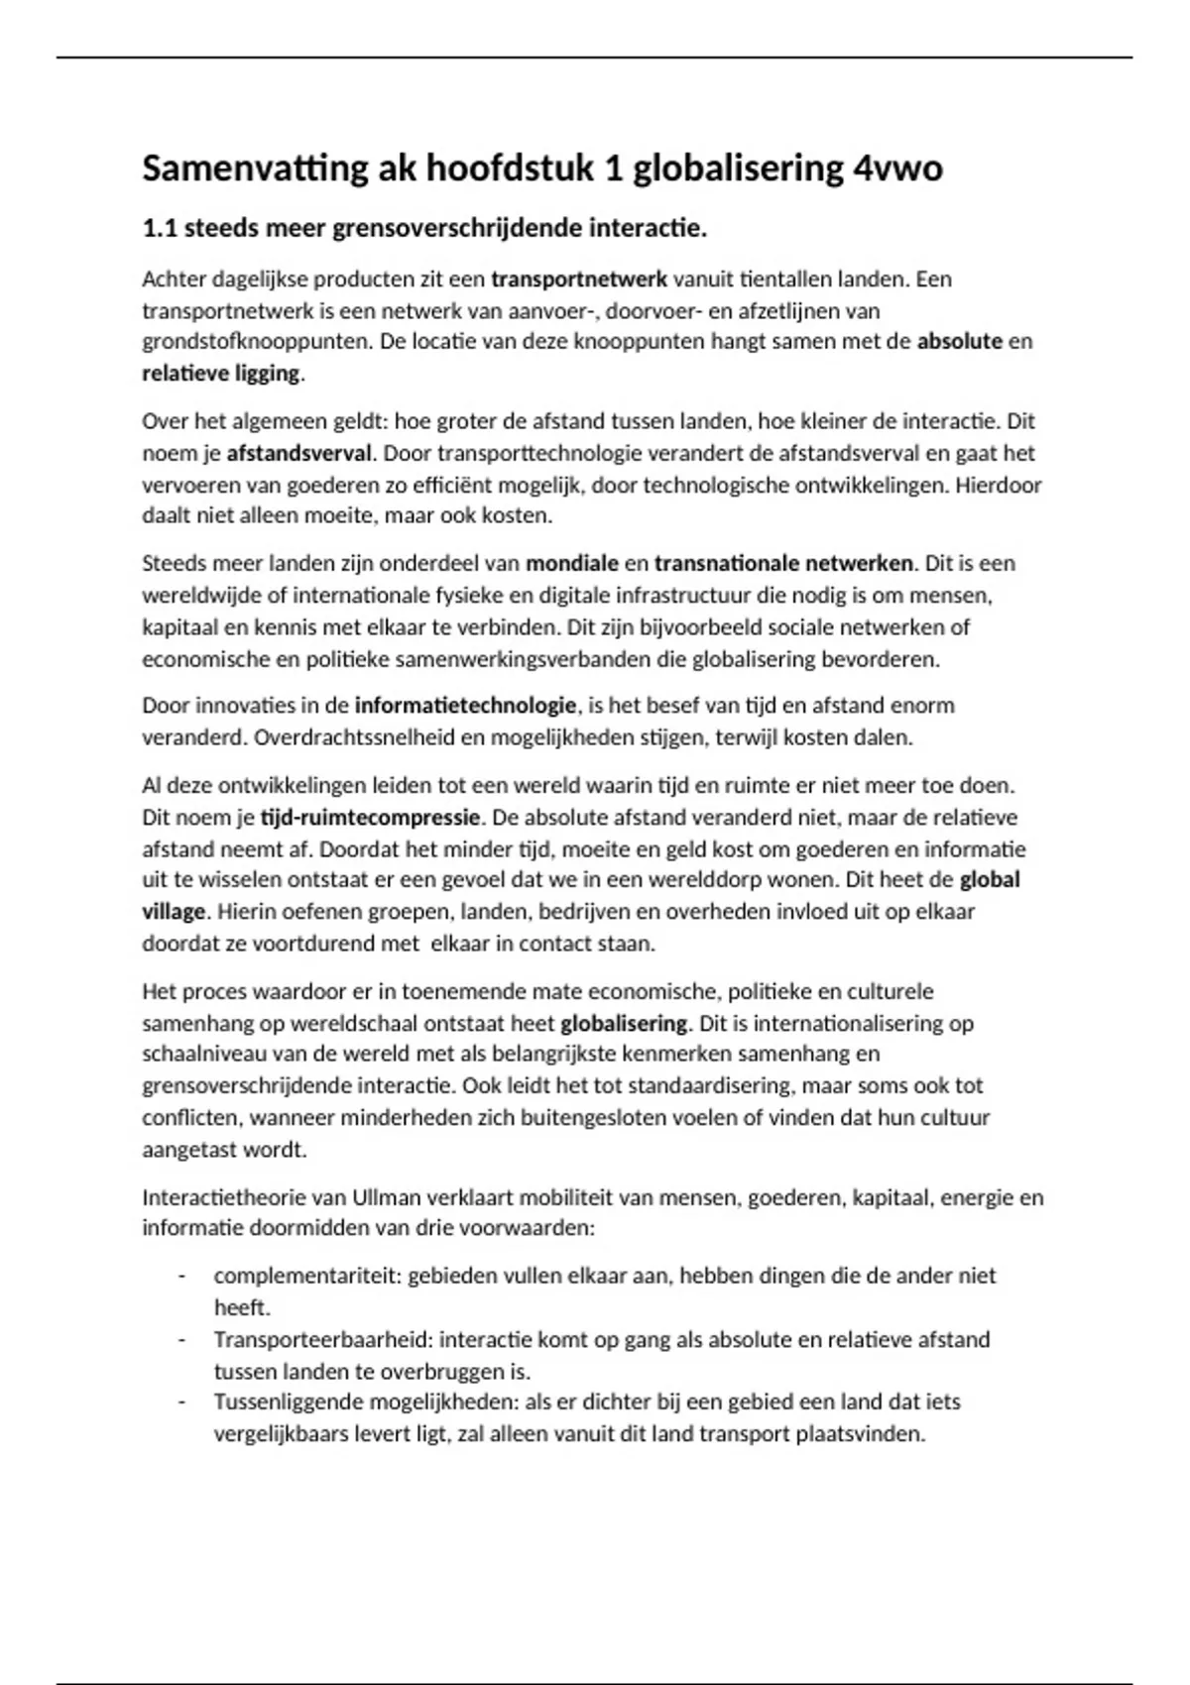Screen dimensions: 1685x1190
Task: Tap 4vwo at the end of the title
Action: (897, 169)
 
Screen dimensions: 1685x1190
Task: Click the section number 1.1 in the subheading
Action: (160, 229)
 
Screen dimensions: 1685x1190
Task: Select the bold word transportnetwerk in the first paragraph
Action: (579, 280)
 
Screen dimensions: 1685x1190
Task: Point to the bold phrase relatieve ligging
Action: (220, 374)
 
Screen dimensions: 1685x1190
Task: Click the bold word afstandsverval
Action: (298, 454)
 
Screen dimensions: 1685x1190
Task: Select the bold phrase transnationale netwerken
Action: (782, 564)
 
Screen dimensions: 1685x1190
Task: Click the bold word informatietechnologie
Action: (465, 706)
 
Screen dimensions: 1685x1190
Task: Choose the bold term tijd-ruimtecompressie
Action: (370, 818)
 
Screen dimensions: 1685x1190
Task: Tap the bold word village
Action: (174, 912)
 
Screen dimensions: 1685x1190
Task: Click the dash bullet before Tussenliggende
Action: (181, 1403)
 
